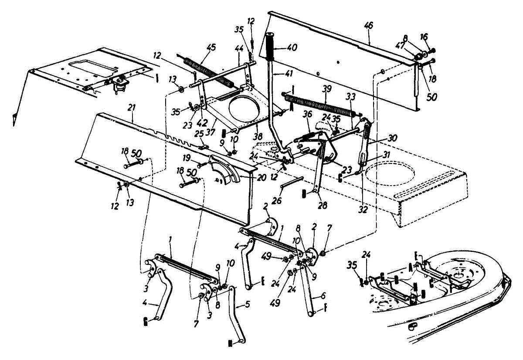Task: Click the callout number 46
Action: point(369,27)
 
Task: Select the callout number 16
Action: point(425,37)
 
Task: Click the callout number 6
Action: point(323,295)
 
